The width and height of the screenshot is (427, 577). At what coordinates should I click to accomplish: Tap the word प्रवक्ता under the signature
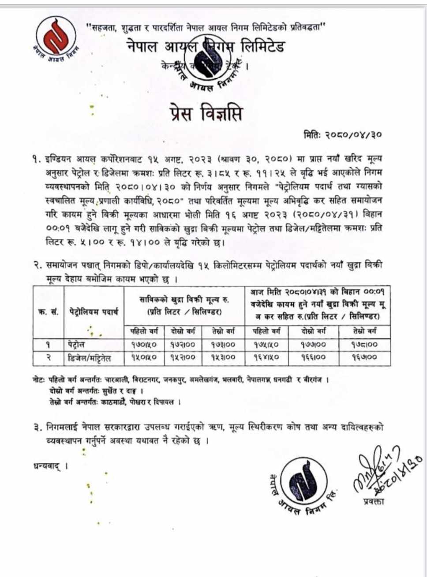tap(374, 501)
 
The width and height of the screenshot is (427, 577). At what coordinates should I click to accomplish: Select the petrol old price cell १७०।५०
tap(143, 345)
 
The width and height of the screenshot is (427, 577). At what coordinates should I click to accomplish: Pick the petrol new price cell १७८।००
tap(364, 345)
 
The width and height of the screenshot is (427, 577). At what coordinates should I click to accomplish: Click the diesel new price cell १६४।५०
tap(265, 357)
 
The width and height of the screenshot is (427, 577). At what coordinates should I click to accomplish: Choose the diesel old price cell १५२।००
tap(182, 357)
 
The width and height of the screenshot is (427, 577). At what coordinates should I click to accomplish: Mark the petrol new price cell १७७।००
tap(314, 345)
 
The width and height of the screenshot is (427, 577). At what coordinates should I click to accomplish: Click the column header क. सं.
tap(49, 312)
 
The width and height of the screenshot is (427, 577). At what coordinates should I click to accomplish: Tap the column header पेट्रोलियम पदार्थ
tap(94, 312)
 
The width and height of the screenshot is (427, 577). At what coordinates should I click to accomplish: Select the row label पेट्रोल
tap(77, 345)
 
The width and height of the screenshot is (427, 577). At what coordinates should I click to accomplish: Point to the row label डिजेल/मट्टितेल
tap(89, 358)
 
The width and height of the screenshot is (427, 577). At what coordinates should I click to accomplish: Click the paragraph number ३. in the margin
tap(37, 427)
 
